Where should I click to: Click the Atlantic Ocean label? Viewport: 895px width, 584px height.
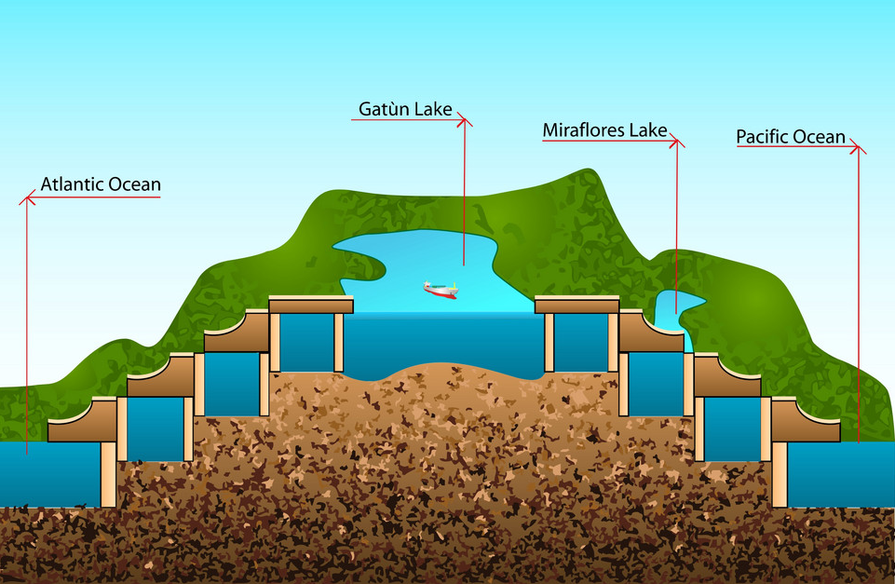click(x=101, y=184)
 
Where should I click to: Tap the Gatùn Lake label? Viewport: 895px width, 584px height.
click(x=405, y=110)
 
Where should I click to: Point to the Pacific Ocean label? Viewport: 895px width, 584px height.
click(x=791, y=138)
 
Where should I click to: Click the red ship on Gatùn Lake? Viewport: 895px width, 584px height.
click(x=441, y=289)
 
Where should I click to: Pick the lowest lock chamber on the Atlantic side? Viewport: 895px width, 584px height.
click(x=155, y=428)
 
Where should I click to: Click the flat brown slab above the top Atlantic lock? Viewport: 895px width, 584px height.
click(x=311, y=306)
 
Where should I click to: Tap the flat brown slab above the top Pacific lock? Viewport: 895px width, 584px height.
click(x=577, y=306)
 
